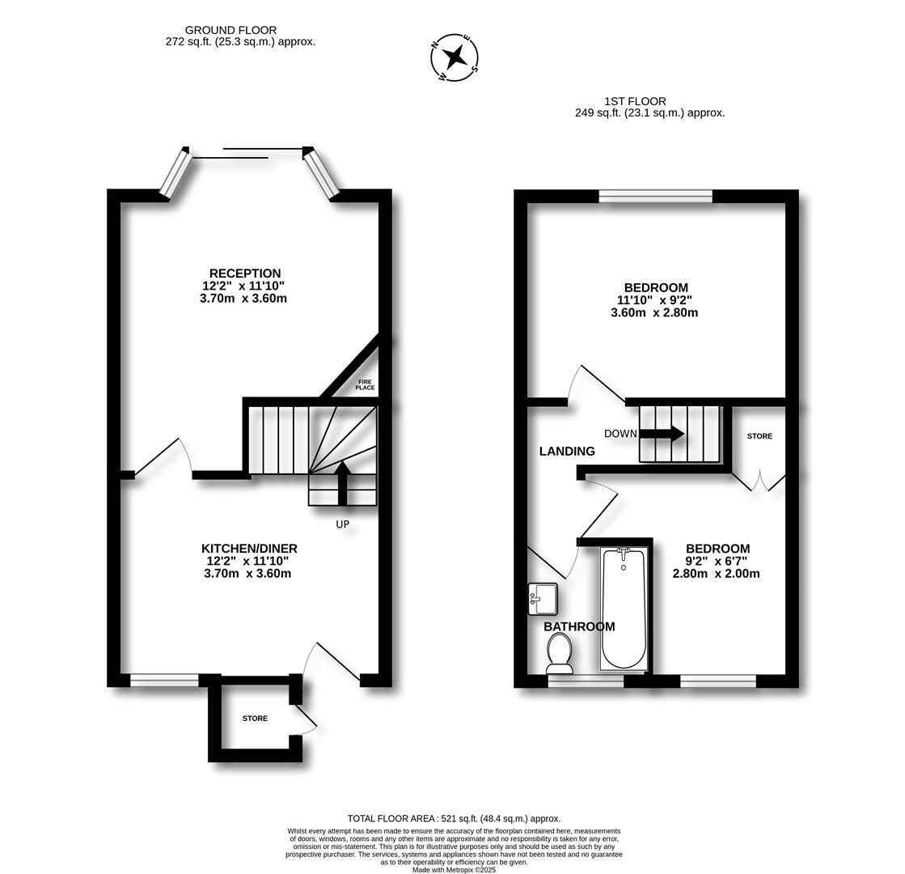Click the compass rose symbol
(x=455, y=57)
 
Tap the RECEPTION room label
(x=244, y=274)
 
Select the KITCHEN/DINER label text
(x=249, y=549)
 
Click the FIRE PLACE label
(x=365, y=384)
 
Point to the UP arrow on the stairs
(x=342, y=482)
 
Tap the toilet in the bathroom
(x=559, y=652)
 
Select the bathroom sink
(x=542, y=598)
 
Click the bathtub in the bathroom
(x=623, y=609)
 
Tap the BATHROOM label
(x=579, y=626)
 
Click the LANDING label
(x=567, y=452)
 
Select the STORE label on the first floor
(x=759, y=436)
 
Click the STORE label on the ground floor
(x=255, y=719)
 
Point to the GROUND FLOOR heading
(x=230, y=30)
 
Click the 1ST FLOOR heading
(x=635, y=101)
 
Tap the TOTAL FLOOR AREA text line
(x=454, y=818)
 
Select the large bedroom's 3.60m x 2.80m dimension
(x=654, y=312)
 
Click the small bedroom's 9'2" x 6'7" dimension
(x=716, y=561)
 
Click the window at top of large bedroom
(x=655, y=196)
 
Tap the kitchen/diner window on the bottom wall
(x=164, y=681)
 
